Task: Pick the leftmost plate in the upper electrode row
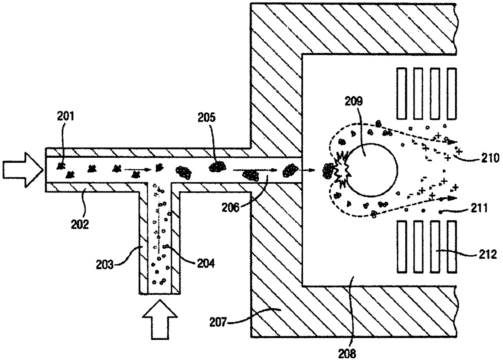click(402, 93)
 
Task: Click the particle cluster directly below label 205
click(218, 166)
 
